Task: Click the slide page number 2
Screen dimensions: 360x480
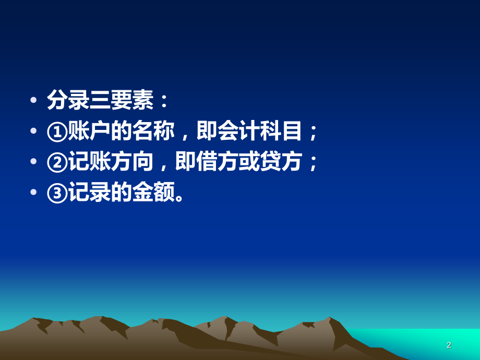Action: [449, 345]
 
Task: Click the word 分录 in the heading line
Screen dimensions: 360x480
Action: [66, 101]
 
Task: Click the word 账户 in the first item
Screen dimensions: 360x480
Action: [86, 132]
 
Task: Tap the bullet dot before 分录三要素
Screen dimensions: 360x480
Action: [34, 102]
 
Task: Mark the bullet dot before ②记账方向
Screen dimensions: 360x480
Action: [34, 163]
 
